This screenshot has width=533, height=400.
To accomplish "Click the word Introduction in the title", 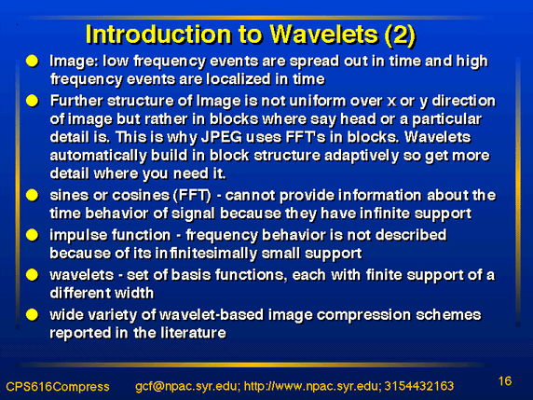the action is point(158,34).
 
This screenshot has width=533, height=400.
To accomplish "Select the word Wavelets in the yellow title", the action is point(324,34).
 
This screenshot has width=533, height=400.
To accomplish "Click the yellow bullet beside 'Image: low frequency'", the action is point(33,61).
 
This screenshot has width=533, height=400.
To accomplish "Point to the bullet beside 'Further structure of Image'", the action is point(33,101).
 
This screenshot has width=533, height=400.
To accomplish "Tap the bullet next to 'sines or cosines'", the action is point(33,195).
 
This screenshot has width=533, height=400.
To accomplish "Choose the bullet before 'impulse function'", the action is point(33,235).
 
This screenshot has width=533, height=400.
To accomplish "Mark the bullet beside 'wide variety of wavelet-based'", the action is point(33,314).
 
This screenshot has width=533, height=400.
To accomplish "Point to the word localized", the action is point(239,79).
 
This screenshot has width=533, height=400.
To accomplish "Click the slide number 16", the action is point(505,380).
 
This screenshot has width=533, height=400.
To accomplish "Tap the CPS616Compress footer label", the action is point(58,387).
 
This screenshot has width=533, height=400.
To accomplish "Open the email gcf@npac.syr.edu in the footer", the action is point(187,386).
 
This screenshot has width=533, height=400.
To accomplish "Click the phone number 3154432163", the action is point(419,386).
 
